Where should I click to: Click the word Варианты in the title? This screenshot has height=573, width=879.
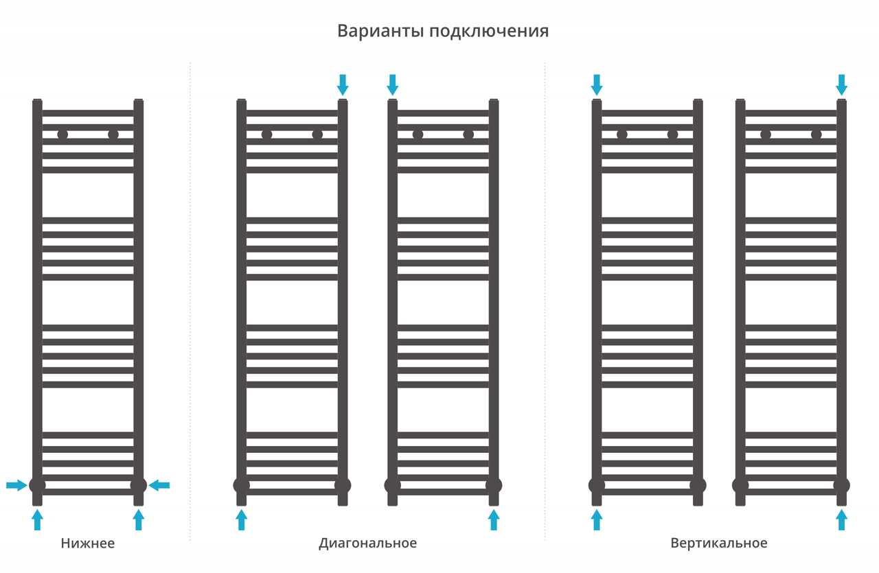380,31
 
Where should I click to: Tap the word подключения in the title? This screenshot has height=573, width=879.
489,32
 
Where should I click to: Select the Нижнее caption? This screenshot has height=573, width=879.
87,543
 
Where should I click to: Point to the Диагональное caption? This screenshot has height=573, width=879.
367,543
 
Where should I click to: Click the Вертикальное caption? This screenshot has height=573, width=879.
719,543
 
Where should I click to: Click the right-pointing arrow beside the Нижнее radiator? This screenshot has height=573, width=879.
16,486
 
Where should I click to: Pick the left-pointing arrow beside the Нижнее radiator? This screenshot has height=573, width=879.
159,486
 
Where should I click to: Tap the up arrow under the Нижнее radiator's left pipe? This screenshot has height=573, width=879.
37,519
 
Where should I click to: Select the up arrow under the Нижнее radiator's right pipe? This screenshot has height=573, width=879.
139,519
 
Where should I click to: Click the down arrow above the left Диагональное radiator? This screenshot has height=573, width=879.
343,84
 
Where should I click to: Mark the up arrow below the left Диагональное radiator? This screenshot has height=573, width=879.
241,519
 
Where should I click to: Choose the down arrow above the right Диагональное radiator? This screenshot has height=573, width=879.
392,84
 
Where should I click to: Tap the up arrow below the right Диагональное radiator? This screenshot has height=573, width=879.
494,519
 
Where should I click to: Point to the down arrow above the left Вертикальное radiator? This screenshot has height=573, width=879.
597,84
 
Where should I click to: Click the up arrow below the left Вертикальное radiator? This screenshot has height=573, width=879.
597,519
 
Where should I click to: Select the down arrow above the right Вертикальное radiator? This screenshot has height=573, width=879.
841,84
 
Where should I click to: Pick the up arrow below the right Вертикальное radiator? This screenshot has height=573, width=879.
841,519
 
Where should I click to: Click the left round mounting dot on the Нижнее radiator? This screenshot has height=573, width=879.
62,135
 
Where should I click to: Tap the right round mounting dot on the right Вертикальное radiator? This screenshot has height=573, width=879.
816,135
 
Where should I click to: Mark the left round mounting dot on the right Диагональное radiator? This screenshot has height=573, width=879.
418,135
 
